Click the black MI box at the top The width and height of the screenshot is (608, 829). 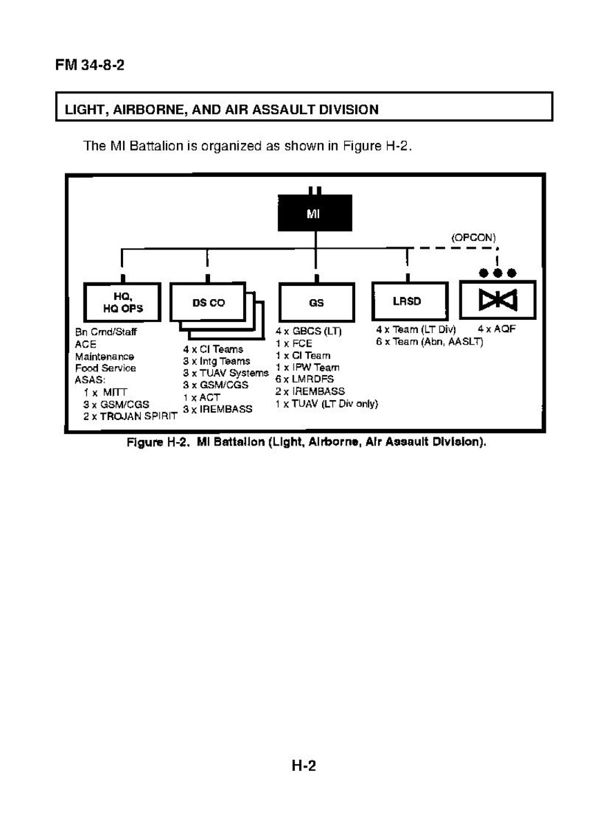tap(315, 213)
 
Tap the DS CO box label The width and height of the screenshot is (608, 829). tap(208, 303)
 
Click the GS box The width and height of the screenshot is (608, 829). tap(316, 303)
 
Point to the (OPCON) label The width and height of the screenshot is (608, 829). tap(473, 237)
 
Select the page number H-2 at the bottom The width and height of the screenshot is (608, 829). tap(303, 765)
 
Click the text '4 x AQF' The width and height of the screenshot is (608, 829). tap(496, 330)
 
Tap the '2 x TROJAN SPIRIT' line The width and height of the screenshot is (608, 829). tap(130, 417)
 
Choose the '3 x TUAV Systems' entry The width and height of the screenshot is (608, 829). tap(225, 373)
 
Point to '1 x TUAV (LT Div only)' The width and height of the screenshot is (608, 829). tap(326, 403)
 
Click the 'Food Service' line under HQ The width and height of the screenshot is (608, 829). tap(105, 368)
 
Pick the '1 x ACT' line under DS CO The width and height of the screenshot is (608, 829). tap(201, 398)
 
